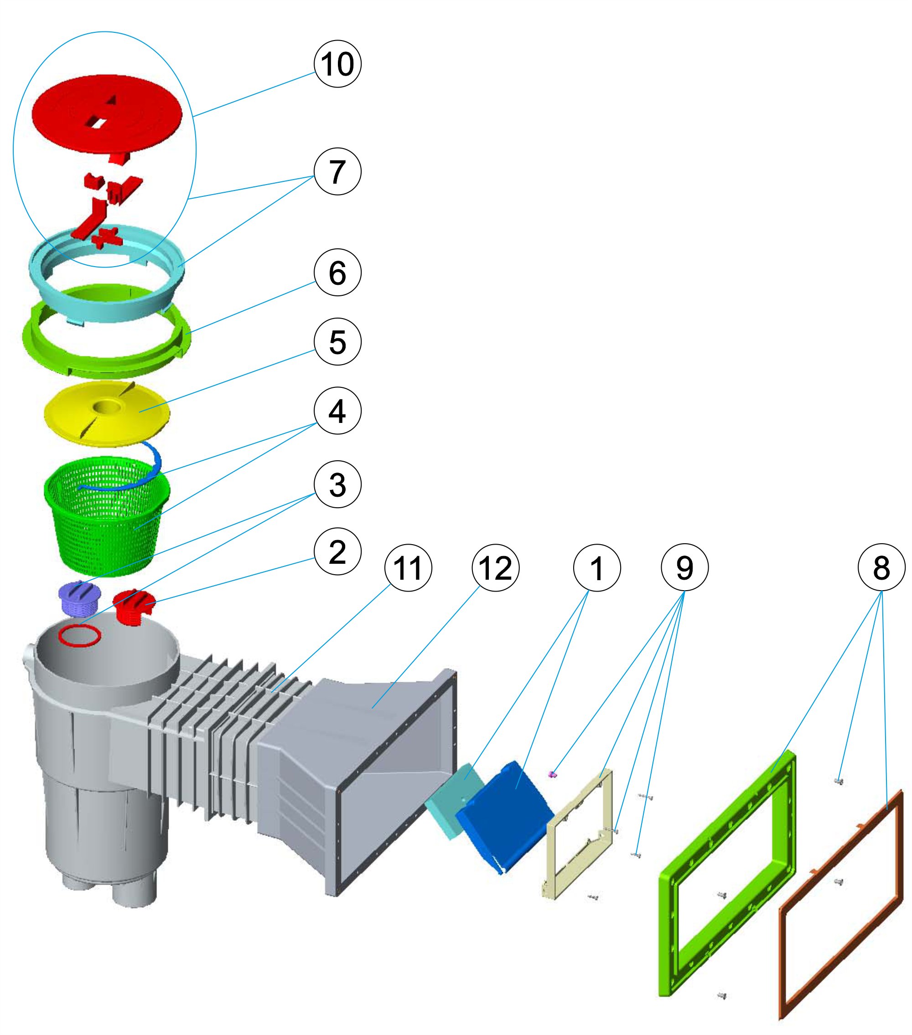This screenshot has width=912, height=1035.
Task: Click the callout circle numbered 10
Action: pos(337,64)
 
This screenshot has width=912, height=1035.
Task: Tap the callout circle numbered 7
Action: pos(337,171)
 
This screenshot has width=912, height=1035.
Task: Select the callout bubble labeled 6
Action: pos(337,273)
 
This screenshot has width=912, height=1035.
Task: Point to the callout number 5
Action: pos(337,342)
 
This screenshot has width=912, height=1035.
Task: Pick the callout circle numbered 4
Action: pos(337,411)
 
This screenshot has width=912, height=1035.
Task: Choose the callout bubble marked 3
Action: pos(337,484)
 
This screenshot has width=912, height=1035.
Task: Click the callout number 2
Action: pos(337,551)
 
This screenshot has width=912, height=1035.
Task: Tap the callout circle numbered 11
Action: pos(409,567)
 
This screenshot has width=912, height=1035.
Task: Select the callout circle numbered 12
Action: pos(496,567)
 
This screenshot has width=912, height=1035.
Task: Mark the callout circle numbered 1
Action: pos(597,567)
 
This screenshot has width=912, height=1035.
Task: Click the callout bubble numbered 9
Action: pos(684,567)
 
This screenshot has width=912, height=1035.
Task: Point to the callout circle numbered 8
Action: pos(881,567)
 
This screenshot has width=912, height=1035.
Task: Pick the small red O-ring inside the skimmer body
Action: pos(79,635)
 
